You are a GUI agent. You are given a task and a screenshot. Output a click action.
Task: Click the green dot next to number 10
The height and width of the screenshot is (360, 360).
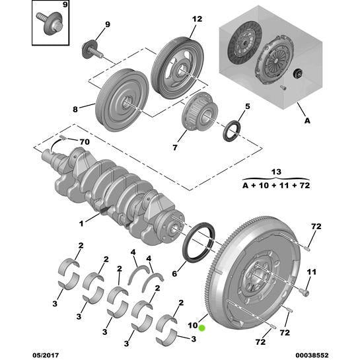point(203,326)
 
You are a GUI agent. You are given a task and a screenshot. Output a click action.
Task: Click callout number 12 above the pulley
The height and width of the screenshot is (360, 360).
point(196,20)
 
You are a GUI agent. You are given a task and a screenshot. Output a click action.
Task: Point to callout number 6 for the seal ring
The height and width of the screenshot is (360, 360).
point(248,106)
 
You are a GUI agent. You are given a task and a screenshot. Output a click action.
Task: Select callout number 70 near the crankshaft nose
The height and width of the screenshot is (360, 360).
point(84,143)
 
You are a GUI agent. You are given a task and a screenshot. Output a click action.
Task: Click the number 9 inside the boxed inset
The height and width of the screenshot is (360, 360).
point(65,6)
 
